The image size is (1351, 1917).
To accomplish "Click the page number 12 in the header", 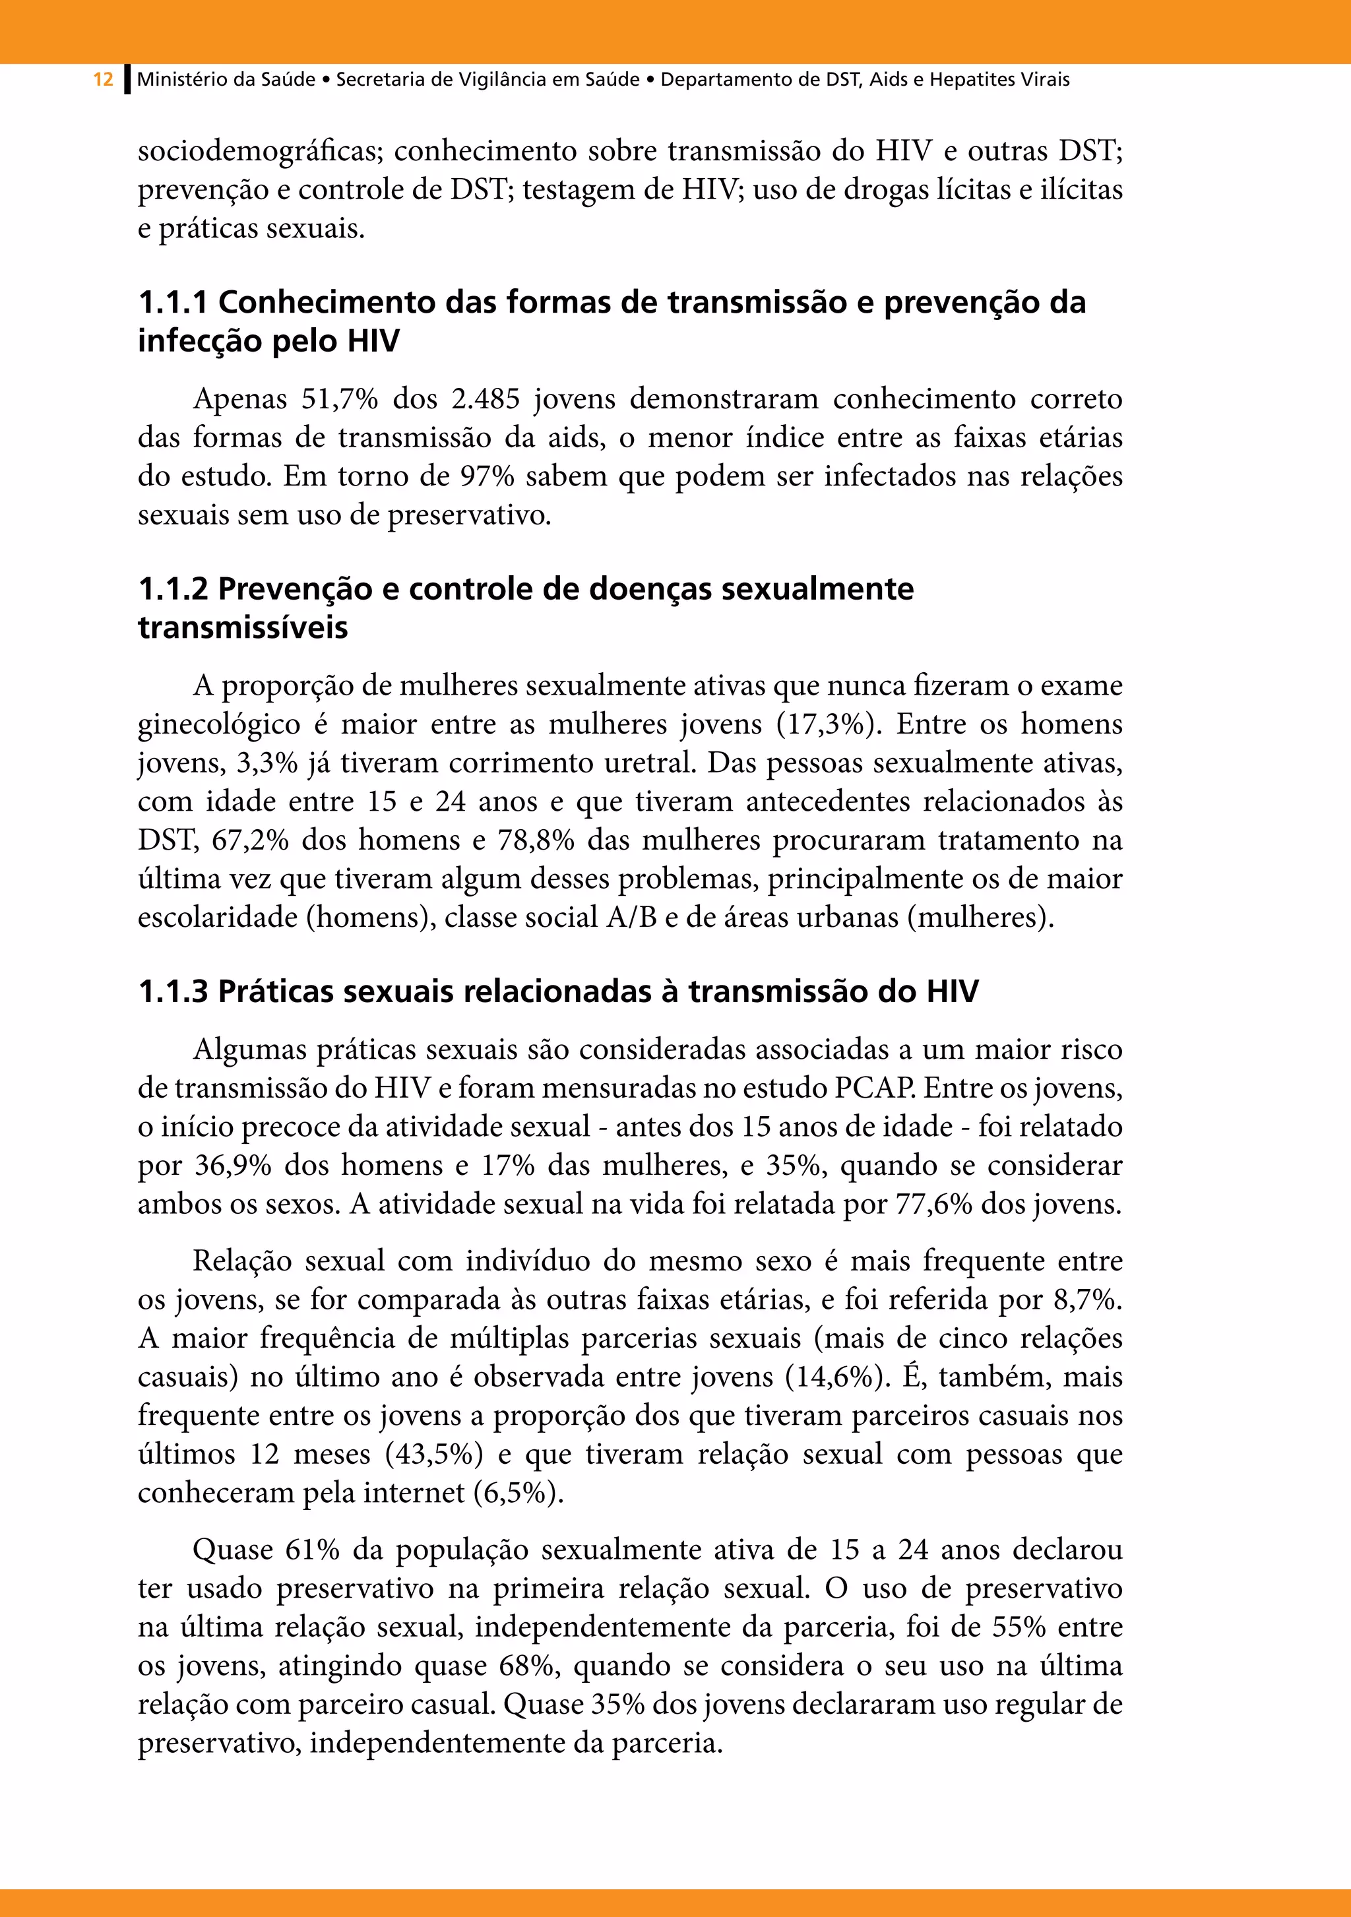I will click(103, 80).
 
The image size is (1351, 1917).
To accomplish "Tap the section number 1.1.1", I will click(172, 302).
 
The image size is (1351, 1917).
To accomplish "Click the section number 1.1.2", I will click(172, 590).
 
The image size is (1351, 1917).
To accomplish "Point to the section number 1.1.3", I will click(172, 992).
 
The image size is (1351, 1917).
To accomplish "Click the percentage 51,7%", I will click(340, 399).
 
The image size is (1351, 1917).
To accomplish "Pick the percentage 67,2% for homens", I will click(249, 840).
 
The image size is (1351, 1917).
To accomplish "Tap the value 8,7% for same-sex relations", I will click(1088, 1300).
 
